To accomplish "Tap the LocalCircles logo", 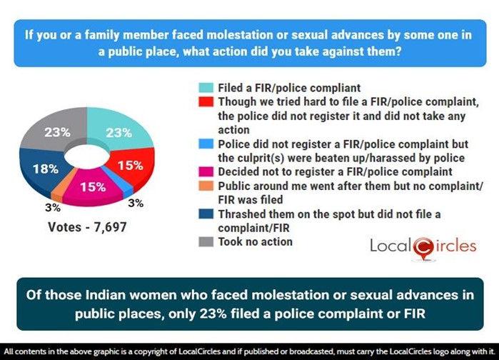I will (x=423, y=246).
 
